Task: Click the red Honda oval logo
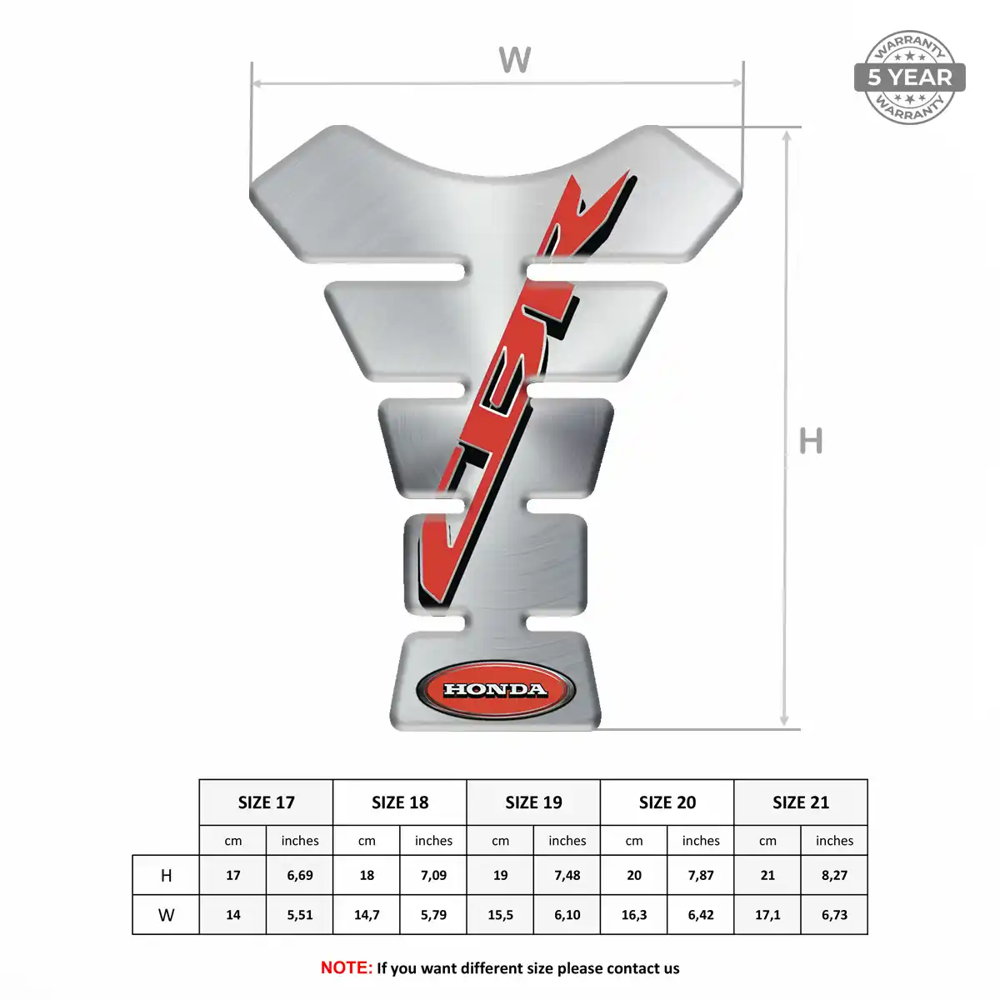pyautogui.click(x=496, y=690)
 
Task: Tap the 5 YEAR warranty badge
pyautogui.click(x=910, y=77)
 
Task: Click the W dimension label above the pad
pyautogui.click(x=515, y=60)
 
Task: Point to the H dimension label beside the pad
pyautogui.click(x=811, y=441)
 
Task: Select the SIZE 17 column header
pyautogui.click(x=266, y=802)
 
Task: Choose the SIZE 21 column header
pyautogui.click(x=801, y=802)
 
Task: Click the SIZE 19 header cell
pyautogui.click(x=533, y=802)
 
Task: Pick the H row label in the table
pyautogui.click(x=166, y=876)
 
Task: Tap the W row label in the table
pyautogui.click(x=166, y=915)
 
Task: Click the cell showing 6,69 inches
pyautogui.click(x=300, y=876)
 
